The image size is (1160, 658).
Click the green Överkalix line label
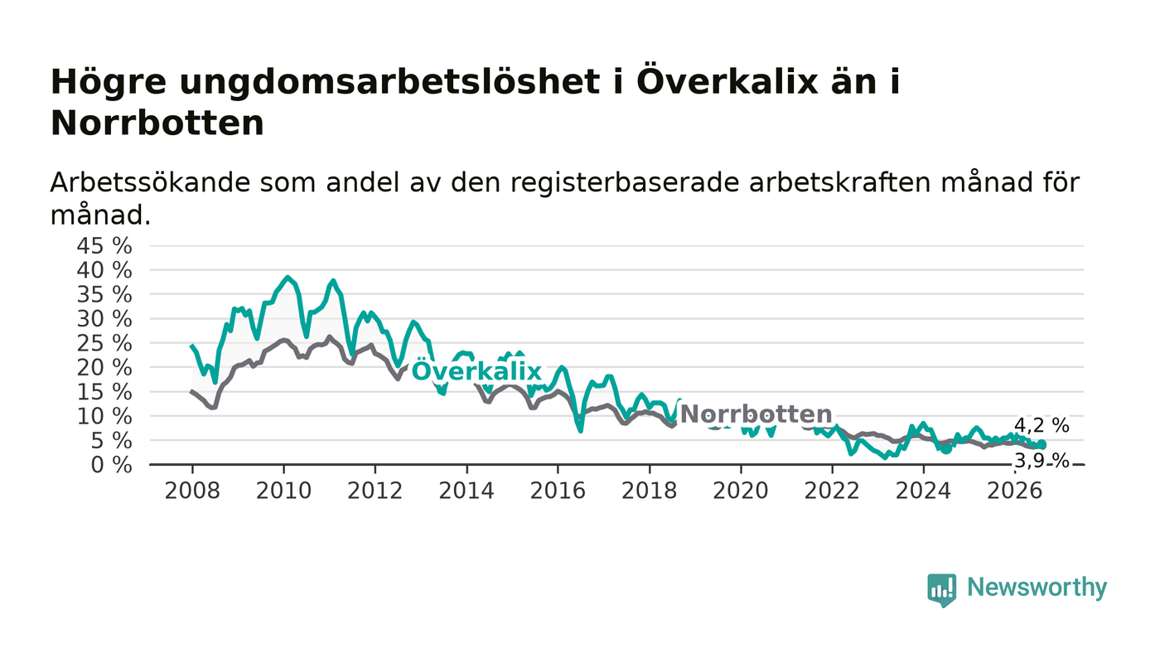pyautogui.click(x=476, y=371)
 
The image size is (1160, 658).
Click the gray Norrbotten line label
pyautogui.click(x=756, y=414)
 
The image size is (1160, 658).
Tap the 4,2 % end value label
pyautogui.click(x=1042, y=425)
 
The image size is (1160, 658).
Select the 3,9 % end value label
pyautogui.click(x=1042, y=460)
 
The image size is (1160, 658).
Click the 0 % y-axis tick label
pyautogui.click(x=111, y=465)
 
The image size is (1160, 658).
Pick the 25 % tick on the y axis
pyautogui.click(x=104, y=343)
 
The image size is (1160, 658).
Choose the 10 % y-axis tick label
pyautogui.click(x=104, y=416)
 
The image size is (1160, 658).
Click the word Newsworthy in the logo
pyautogui.click(x=1037, y=588)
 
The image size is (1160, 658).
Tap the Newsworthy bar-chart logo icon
pyautogui.click(x=942, y=590)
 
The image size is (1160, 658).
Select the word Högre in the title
pyautogui.click(x=109, y=82)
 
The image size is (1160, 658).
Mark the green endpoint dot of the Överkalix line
pyautogui.click(x=1042, y=444)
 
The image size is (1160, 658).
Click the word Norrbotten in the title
pyautogui.click(x=157, y=123)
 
